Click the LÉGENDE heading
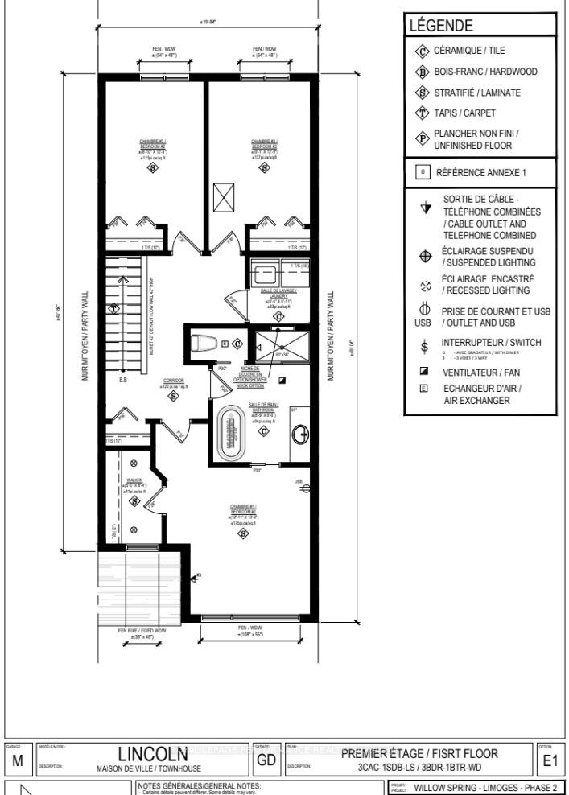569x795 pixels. (x=441, y=27)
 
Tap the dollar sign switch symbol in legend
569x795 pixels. (x=423, y=347)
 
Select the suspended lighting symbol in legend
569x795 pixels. (x=423, y=257)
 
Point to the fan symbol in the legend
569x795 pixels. (x=423, y=373)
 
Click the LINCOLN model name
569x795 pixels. (x=155, y=755)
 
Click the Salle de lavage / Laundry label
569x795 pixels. (x=278, y=294)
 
